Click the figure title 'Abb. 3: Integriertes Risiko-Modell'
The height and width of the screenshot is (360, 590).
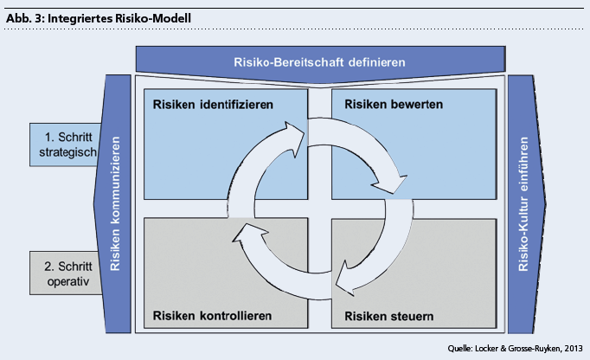click(99, 17)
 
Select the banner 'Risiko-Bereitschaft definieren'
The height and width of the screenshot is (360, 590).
click(319, 62)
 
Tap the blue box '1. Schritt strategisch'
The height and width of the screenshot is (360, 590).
click(61, 145)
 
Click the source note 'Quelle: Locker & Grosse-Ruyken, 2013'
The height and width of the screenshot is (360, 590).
click(516, 348)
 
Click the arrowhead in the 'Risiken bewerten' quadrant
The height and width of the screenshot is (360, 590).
click(393, 184)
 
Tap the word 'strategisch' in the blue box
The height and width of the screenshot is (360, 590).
click(62, 152)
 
